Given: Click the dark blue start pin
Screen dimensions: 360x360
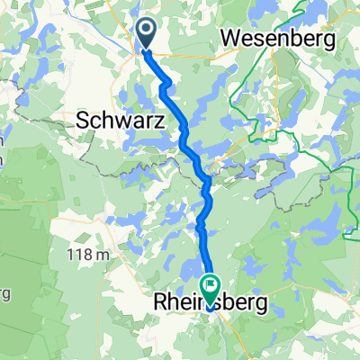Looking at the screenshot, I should coord(146,34).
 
